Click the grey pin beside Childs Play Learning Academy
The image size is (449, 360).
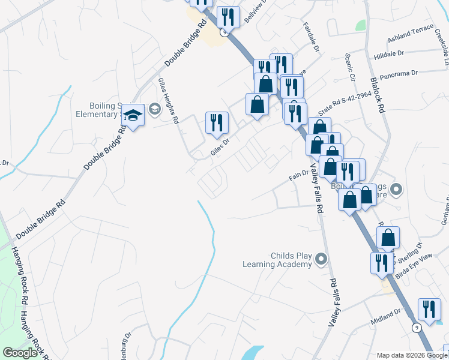pyautogui.click(x=321, y=259)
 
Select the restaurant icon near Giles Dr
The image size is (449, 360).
pyautogui.click(x=217, y=122)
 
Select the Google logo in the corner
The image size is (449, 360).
pyautogui.click(x=20, y=353)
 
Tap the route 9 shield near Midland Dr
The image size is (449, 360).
pyautogui.click(x=415, y=327)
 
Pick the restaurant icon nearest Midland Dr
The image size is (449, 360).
pyautogui.click(x=429, y=310)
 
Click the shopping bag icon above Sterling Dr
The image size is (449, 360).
pyautogui.click(x=388, y=238)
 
